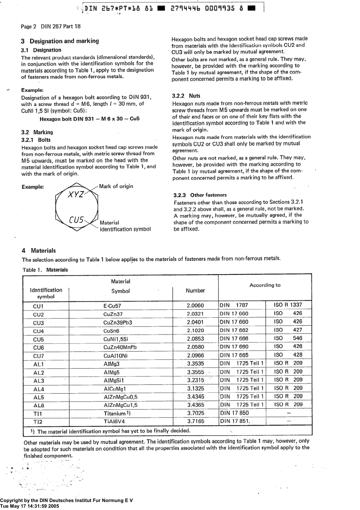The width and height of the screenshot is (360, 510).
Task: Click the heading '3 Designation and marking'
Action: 60,41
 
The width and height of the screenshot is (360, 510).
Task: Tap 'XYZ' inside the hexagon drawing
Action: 76,195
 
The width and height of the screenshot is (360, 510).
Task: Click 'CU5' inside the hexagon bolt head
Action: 76,220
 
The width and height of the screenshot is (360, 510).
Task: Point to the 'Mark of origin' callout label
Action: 116,186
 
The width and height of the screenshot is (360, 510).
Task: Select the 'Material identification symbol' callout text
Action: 125,226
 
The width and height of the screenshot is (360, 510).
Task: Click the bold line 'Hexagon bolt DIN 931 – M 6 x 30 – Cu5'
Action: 89,119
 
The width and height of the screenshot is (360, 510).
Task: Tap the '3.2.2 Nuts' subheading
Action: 186,96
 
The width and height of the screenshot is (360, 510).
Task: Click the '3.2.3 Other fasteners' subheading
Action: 200,195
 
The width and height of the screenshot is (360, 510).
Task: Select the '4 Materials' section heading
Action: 39,251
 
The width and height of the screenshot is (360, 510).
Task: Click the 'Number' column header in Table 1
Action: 195,291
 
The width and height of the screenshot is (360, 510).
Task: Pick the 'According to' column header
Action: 265,285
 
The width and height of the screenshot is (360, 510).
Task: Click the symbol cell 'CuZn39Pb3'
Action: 117,323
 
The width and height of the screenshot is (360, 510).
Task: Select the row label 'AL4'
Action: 39,389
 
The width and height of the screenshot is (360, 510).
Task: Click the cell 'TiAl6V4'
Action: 114,422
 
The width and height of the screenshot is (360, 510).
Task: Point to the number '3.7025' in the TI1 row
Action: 196,413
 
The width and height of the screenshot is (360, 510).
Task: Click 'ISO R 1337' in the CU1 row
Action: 288,305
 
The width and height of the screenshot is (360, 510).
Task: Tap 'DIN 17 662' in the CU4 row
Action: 234,330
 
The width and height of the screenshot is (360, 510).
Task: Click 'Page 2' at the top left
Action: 28,27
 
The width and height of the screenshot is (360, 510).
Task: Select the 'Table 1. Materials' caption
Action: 45,270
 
